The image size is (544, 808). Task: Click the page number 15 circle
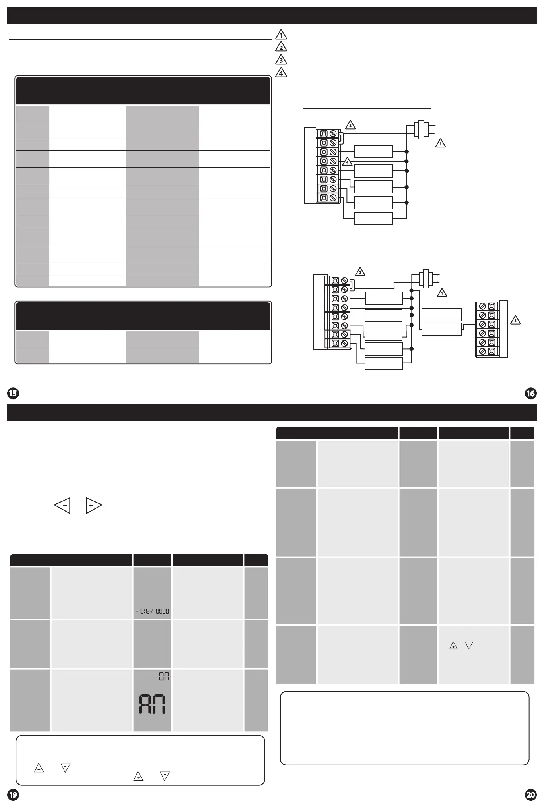pos(13,393)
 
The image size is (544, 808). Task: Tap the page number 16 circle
pos(530,393)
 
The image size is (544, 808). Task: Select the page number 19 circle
pos(13,795)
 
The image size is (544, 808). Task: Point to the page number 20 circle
pos(530,795)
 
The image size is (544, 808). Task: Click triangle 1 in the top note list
pos(281,35)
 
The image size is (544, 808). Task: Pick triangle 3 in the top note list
pos(281,60)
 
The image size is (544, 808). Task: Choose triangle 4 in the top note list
pos(281,73)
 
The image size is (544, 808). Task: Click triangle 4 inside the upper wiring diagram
pos(347,162)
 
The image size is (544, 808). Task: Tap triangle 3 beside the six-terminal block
pos(515,320)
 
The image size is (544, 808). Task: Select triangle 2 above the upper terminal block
pos(350,125)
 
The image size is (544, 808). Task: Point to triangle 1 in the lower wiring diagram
pos(442,293)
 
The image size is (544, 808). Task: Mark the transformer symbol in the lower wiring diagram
pos(426,278)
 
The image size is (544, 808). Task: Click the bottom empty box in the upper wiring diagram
pos(373,219)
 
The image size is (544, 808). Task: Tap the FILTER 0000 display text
pos(152,611)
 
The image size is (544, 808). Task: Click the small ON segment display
pos(164,676)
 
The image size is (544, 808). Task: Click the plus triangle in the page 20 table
pos(453,646)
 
